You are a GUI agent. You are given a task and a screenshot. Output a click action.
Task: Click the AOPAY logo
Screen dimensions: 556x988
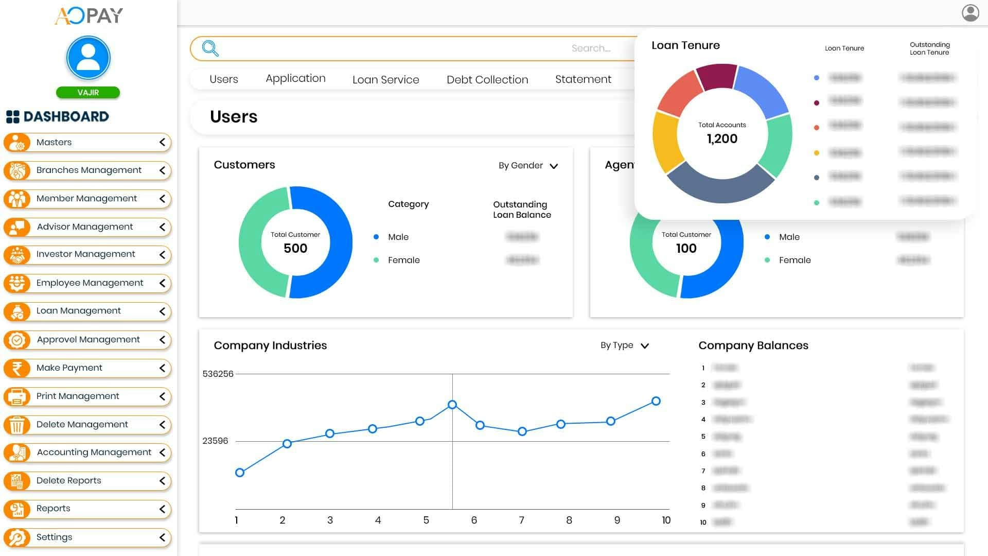[x=89, y=15]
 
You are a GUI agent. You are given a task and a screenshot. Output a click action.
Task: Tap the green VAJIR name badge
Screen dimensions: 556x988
[x=88, y=93]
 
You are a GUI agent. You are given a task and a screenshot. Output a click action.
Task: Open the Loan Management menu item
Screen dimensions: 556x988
[x=78, y=311]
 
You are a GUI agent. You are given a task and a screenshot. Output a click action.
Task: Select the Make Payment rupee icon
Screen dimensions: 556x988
[x=17, y=368]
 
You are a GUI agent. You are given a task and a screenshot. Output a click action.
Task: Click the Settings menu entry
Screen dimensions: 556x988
[x=54, y=537]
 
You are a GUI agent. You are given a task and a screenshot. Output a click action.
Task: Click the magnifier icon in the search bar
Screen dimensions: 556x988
[x=210, y=48]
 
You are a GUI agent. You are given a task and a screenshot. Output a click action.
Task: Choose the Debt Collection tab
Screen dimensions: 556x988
[x=487, y=80]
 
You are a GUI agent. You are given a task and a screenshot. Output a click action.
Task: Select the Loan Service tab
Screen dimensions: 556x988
[x=385, y=80]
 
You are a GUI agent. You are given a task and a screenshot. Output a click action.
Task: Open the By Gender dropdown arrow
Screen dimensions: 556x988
[x=554, y=166]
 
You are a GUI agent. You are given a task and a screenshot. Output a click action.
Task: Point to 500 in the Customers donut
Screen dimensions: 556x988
[x=295, y=249]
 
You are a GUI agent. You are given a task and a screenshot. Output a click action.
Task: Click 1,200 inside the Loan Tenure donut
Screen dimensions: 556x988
[x=722, y=139]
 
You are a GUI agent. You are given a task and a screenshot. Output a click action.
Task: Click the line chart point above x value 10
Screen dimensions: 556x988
[x=656, y=401]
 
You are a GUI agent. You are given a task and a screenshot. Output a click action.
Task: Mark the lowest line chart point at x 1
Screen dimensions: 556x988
[x=239, y=473]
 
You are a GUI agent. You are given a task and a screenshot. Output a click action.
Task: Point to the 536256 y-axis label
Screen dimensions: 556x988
[x=218, y=374]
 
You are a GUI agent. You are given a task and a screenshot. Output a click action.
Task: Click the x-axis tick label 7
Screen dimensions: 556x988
[x=521, y=520]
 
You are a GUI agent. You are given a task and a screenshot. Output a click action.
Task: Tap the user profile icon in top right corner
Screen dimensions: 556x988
[x=970, y=13]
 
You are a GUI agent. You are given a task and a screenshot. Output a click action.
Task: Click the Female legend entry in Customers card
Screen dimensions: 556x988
[x=403, y=260]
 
